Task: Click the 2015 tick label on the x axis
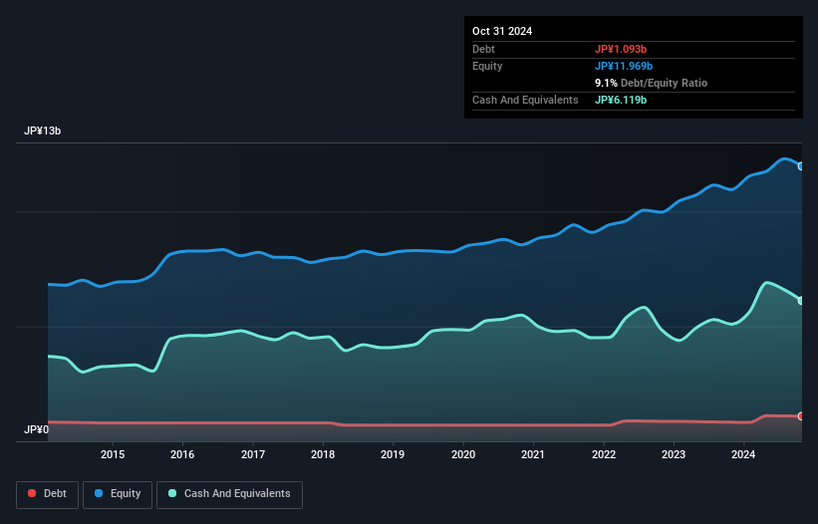click(113, 455)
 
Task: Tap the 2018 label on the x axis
click(323, 455)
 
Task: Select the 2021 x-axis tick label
click(533, 455)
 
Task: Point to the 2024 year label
click(743, 455)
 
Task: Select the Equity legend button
click(119, 494)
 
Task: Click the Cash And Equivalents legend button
click(229, 494)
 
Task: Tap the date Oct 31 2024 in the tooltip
click(502, 31)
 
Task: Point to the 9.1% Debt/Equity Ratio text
click(651, 83)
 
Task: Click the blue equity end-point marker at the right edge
click(801, 166)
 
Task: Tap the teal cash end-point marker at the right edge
click(801, 300)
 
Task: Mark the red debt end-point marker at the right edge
click(801, 416)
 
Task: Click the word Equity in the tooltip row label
click(487, 66)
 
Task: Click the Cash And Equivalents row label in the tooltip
click(525, 100)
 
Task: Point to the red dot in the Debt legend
click(33, 494)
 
